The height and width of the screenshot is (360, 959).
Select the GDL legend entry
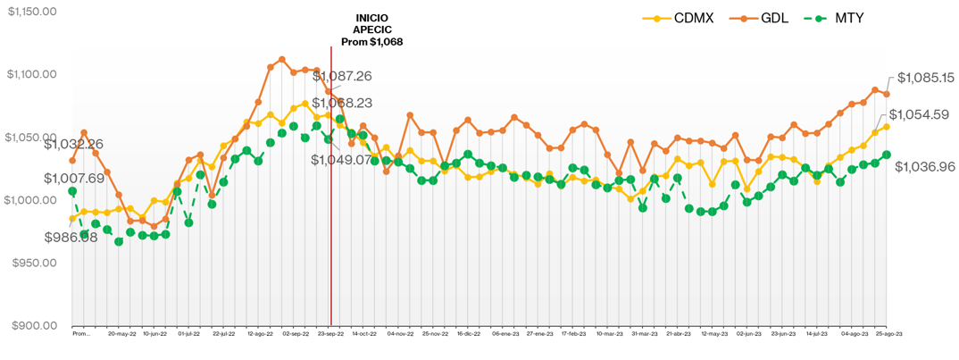tap(765, 18)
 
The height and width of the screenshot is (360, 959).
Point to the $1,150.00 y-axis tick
tap(31, 11)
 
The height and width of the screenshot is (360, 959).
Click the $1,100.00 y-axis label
tap(31, 74)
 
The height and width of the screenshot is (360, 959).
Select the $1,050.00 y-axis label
tap(31, 138)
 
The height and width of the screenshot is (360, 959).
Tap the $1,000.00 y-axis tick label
tap(31, 200)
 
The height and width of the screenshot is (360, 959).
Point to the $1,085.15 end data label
tap(926, 78)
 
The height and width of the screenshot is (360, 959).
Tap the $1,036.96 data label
tap(925, 166)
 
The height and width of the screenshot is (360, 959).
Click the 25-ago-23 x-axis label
tap(888, 334)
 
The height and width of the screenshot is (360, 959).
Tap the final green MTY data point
tap(887, 155)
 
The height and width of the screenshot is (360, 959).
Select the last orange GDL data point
tap(887, 94)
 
